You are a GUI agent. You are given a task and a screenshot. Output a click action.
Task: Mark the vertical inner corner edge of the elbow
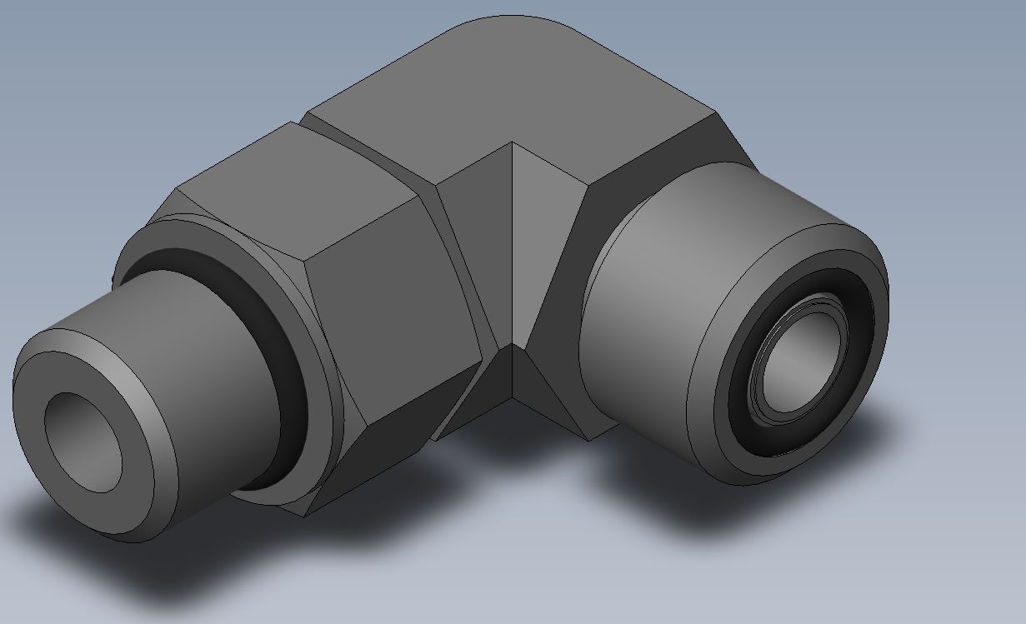tap(512, 250)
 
